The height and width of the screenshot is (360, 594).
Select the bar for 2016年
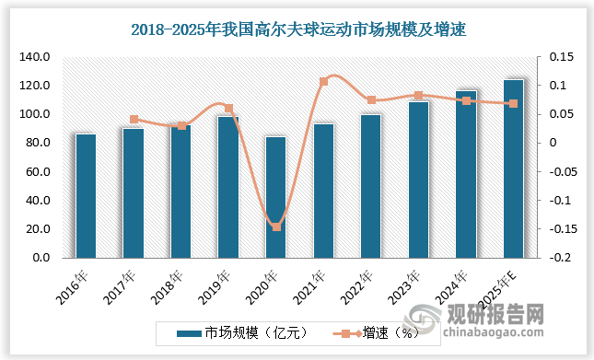86,196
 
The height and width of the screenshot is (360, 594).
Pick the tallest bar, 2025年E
513,168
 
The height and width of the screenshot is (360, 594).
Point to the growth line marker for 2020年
275,226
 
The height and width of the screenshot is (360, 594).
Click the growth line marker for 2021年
323,82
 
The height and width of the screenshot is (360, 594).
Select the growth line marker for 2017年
134,120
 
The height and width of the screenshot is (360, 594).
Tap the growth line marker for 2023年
418,96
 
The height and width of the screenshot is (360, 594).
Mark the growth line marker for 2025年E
513,104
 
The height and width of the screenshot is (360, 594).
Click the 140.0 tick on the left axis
34,57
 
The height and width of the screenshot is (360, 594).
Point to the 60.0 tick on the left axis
38,172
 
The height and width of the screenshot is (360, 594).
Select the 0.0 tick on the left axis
41,258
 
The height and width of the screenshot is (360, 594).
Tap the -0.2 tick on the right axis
558,258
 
